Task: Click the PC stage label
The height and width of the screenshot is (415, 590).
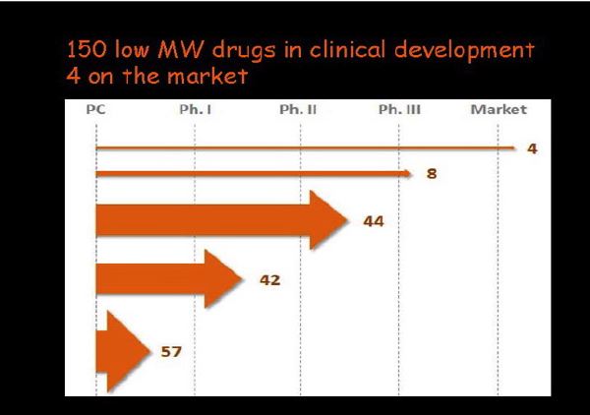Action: tap(95, 109)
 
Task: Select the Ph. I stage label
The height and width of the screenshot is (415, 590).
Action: tap(196, 109)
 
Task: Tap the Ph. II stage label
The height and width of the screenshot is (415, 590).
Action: tap(298, 109)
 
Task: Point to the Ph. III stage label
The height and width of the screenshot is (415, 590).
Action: tap(399, 109)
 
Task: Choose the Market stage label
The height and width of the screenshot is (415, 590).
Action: tap(499, 109)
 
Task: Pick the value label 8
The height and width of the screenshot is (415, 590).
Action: tap(431, 174)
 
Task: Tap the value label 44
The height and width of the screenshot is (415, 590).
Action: tap(373, 221)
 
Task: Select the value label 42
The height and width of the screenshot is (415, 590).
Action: tap(270, 280)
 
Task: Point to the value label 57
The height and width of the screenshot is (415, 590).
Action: tap(170, 350)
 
